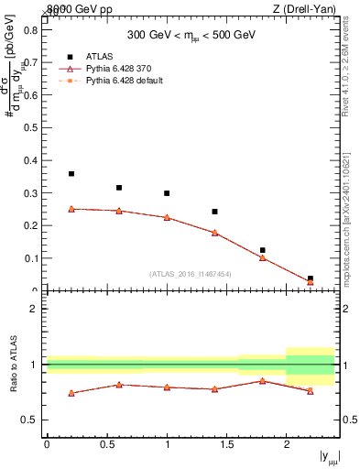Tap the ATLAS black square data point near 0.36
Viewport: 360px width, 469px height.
point(71,174)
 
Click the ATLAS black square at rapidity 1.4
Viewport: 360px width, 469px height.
point(214,212)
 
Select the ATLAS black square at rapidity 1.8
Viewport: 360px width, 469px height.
point(262,250)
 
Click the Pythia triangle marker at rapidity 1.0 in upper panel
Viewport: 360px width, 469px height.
point(167,218)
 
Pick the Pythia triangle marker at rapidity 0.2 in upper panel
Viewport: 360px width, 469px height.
point(71,209)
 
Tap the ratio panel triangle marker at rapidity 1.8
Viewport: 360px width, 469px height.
point(262,381)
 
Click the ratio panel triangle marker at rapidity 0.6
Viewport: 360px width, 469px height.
point(119,385)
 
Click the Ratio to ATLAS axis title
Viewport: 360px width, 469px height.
point(13,365)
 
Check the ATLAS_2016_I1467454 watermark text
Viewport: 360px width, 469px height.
point(189,274)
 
